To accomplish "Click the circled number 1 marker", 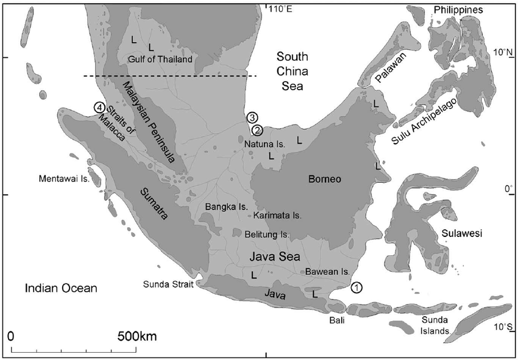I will coord(357,286).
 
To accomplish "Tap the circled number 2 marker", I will coord(257,129).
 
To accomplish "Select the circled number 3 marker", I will coord(253,117).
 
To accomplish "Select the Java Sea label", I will coord(274,257).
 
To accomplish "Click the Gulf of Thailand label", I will coord(160,59).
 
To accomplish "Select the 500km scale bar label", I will coord(138,336).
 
